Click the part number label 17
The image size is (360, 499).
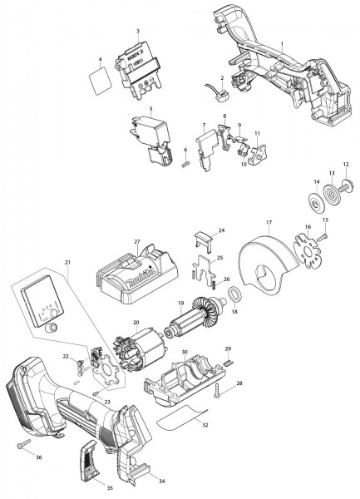click(x=269, y=222)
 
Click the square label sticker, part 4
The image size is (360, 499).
click(x=100, y=81)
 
